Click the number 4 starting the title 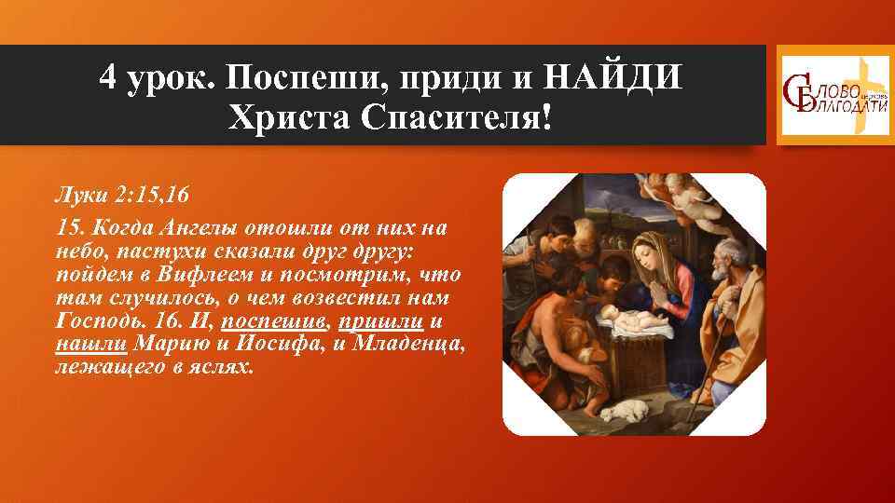pyautogui.click(x=108, y=79)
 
